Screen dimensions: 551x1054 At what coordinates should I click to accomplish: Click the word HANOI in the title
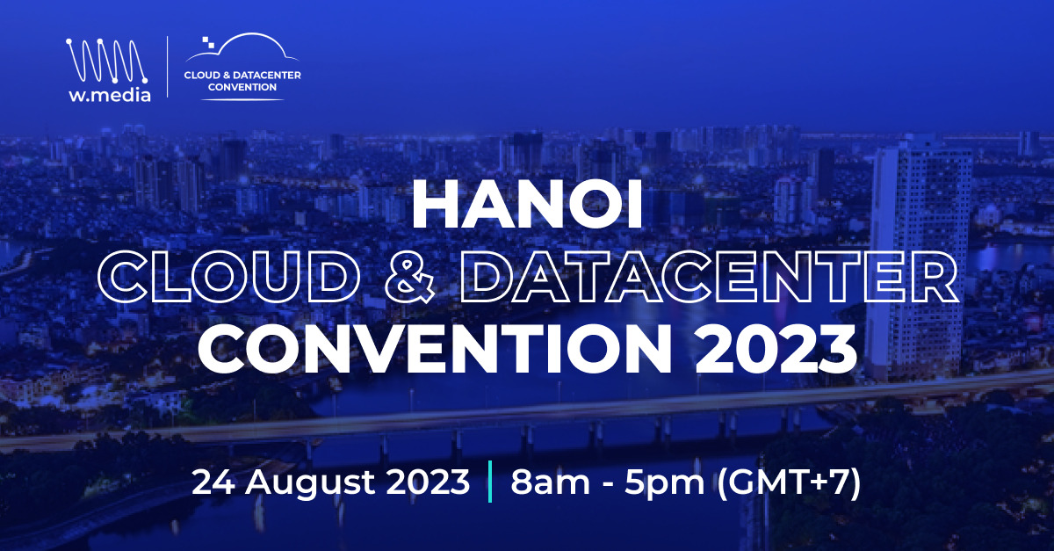coord(527,205)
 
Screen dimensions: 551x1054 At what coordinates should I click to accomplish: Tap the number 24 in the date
coord(212,482)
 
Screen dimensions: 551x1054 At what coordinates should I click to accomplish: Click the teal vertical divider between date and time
coord(488,483)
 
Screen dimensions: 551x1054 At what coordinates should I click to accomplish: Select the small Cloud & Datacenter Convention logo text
coord(242,81)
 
